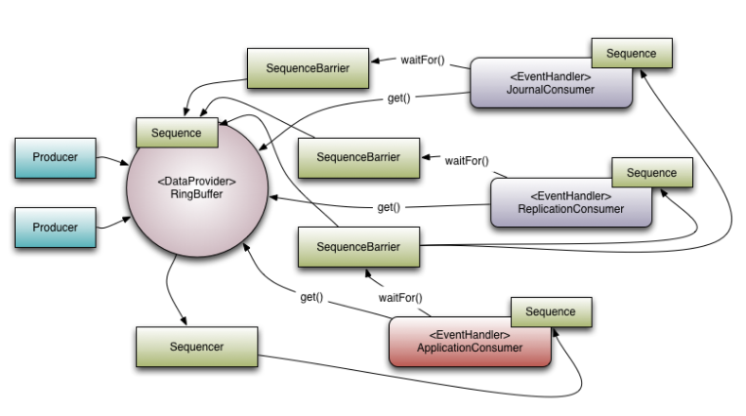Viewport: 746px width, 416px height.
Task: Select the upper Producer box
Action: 56,158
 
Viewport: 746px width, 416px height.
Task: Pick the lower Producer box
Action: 56,228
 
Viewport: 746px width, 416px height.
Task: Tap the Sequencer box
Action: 196,347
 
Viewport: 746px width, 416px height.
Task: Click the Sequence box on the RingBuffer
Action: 177,133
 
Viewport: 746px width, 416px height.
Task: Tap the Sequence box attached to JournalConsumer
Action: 631,53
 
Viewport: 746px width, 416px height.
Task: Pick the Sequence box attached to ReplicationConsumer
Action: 651,173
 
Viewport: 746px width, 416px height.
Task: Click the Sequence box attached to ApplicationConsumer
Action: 551,312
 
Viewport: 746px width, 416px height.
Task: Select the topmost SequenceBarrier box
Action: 308,68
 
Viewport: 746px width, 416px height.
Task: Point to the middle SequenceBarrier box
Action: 359,156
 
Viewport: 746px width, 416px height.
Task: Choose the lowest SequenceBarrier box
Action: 359,247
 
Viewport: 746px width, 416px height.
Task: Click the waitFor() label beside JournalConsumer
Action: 422,60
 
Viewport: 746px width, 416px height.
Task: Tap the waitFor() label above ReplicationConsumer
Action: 467,160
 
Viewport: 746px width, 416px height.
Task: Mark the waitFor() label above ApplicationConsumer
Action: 403,296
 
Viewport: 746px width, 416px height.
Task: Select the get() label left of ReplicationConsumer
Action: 389,207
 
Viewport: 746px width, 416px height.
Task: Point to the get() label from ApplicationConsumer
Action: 312,296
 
